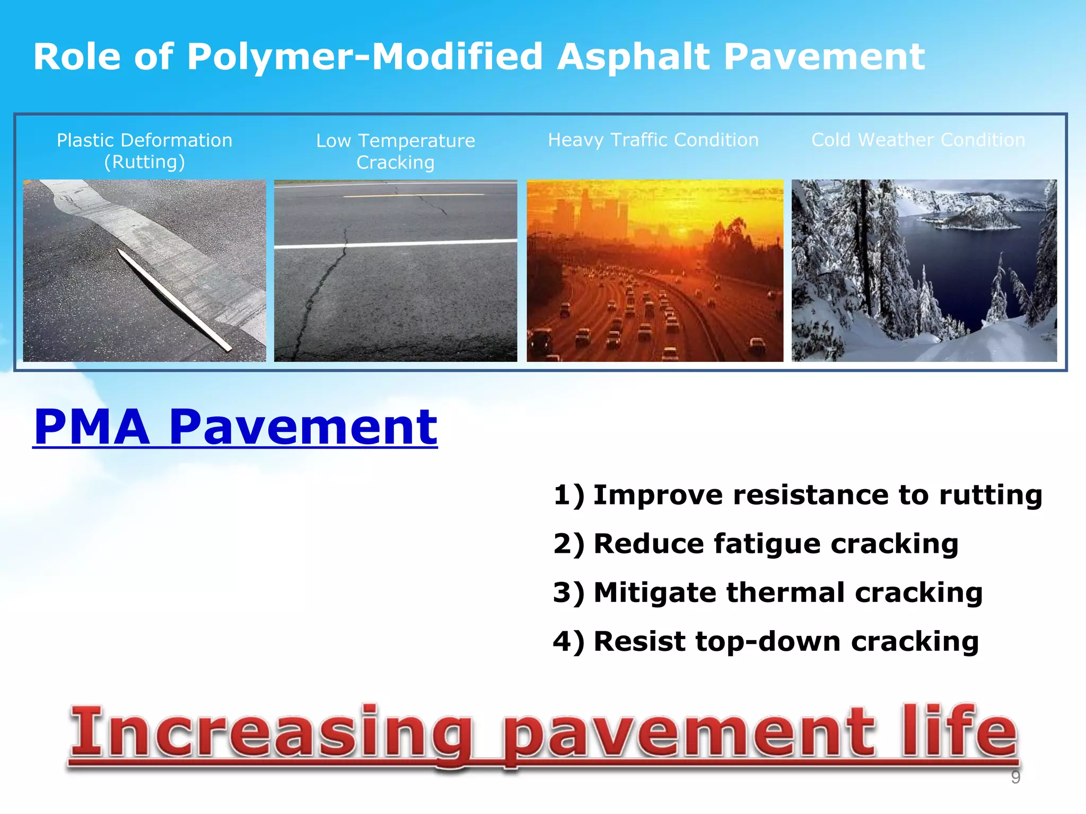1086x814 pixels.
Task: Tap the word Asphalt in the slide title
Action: (x=634, y=57)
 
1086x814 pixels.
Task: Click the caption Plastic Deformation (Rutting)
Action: (x=144, y=151)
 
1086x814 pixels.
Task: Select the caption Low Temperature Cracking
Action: (x=396, y=152)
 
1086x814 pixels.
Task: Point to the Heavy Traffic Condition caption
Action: (x=653, y=140)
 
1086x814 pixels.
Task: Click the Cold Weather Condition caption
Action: (x=918, y=140)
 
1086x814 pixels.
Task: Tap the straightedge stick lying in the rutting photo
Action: (x=175, y=299)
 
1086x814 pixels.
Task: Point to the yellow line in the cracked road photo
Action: (x=414, y=196)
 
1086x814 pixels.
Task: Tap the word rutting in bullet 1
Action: (x=990, y=495)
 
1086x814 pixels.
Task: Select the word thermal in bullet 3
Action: (x=785, y=592)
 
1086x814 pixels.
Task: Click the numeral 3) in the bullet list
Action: (x=568, y=592)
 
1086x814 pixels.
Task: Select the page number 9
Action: (x=1015, y=777)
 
